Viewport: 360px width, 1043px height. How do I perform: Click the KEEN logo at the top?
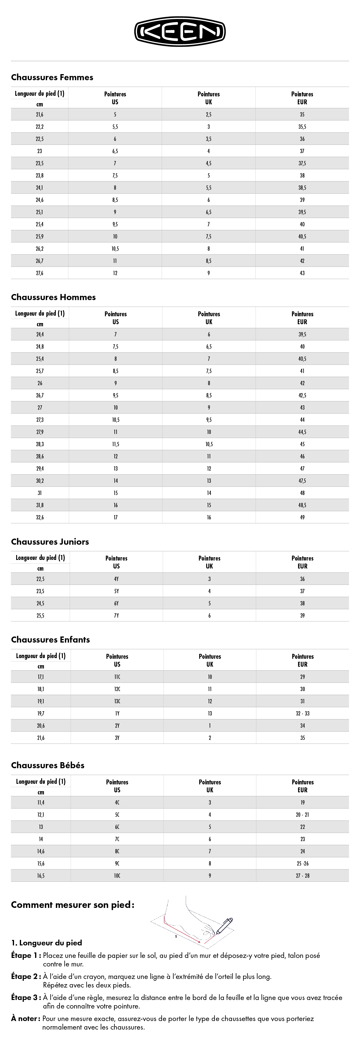pos(180,32)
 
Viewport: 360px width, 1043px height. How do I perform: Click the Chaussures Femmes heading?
pos(52,77)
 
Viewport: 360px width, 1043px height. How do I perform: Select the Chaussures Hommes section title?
pos(53,297)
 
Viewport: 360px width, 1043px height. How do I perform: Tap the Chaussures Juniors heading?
pos(50,542)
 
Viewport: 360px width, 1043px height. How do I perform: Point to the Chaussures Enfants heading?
pos(50,640)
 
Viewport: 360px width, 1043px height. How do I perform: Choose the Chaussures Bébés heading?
pos(47,765)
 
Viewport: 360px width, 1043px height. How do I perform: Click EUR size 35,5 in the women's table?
pos(302,127)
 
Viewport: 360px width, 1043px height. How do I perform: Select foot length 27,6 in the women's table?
pos(40,273)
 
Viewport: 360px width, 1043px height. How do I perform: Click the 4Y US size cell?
pos(116,579)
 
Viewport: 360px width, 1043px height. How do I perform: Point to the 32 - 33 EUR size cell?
pos(303,713)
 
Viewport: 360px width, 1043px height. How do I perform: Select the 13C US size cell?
pos(117,701)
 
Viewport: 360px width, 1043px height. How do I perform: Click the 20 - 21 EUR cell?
pos(303,815)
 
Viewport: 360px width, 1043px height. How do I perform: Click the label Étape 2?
pos(26,977)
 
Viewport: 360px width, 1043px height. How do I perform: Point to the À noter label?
pos(26,1018)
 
